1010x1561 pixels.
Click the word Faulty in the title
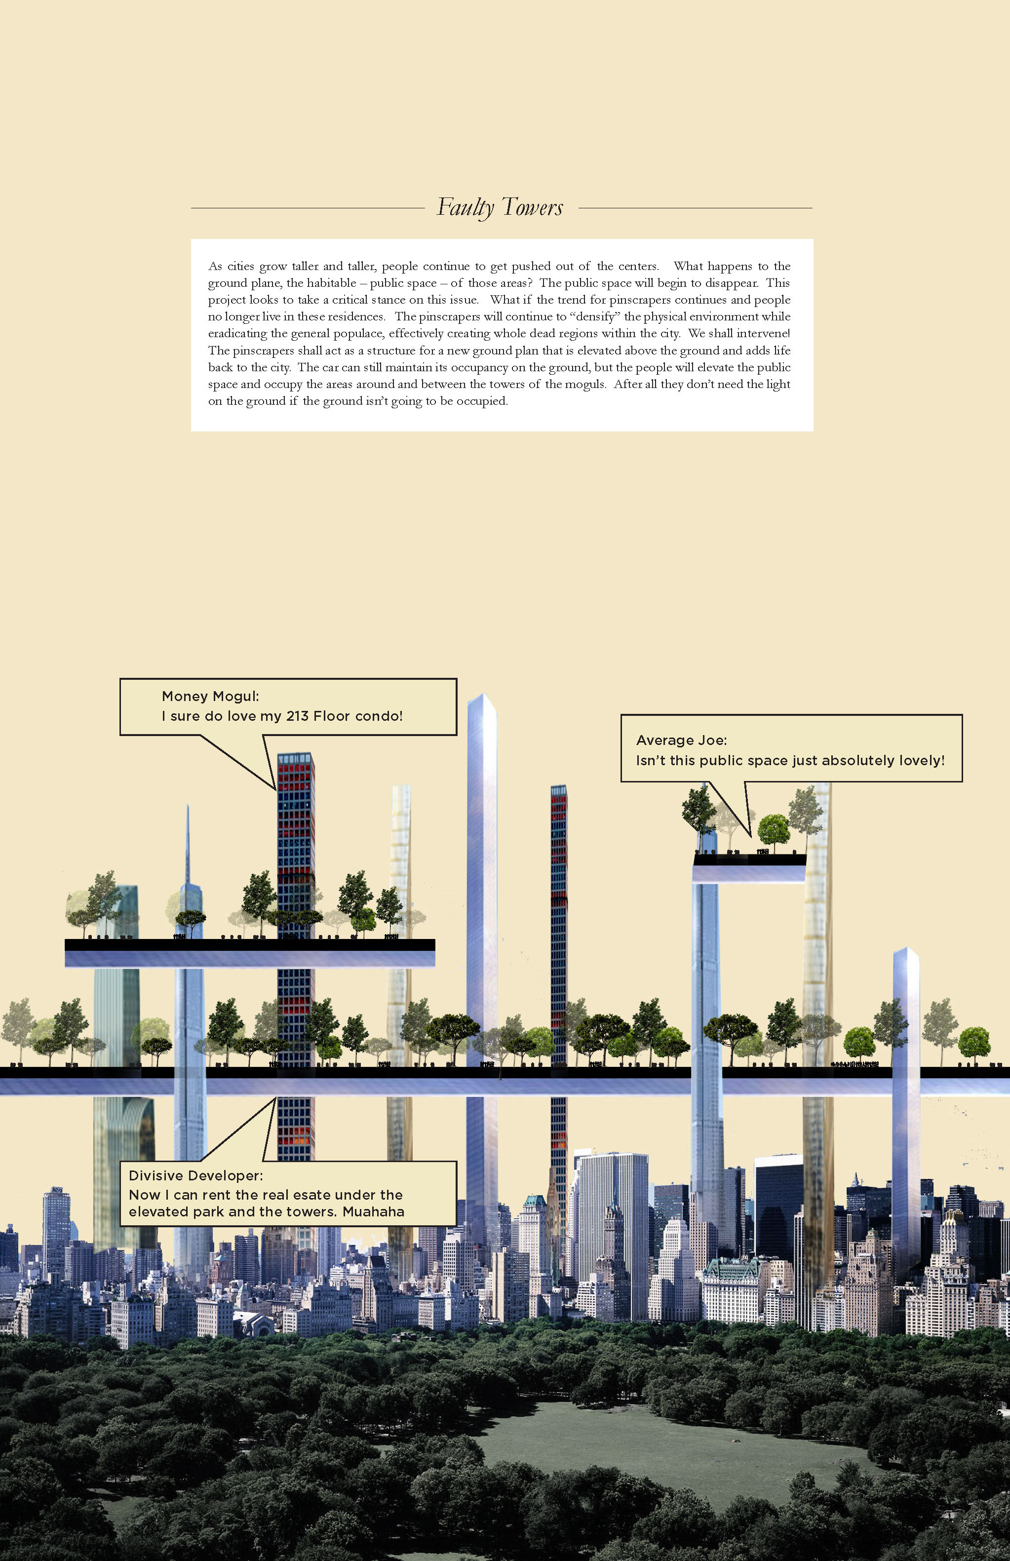tap(465, 207)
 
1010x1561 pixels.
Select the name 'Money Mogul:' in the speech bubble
tap(210, 696)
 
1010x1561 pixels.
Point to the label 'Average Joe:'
tap(681, 740)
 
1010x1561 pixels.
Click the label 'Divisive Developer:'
tap(195, 1175)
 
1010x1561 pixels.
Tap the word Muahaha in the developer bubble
tap(373, 1211)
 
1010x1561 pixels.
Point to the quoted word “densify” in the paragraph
tap(595, 316)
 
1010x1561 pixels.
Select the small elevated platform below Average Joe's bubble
tap(749, 867)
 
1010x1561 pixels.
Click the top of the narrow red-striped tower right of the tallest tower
tap(558, 789)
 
